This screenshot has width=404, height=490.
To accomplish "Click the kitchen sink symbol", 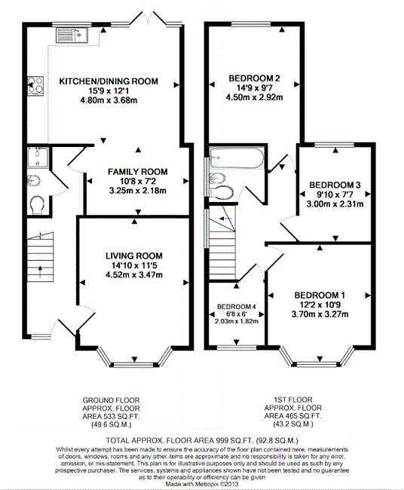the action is pyautogui.click(x=72, y=35).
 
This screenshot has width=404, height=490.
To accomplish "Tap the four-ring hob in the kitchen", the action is pyautogui.click(x=35, y=86).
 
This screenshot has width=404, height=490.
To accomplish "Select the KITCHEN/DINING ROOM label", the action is pyautogui.click(x=109, y=81).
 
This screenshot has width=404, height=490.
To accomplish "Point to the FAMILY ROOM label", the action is pyautogui.click(x=137, y=172).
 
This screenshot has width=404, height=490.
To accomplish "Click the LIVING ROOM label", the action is pyautogui.click(x=134, y=256).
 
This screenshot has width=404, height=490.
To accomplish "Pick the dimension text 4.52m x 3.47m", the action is pyautogui.click(x=134, y=275).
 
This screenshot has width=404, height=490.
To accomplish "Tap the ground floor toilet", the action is pyautogui.click(x=38, y=205).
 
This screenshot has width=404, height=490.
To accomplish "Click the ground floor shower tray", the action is pyautogui.click(x=38, y=158).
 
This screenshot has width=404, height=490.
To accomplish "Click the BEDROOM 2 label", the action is pyautogui.click(x=254, y=78).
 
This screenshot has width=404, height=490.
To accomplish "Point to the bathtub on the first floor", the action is pyautogui.click(x=237, y=158).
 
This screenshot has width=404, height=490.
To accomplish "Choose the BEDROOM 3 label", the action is pyautogui.click(x=335, y=185).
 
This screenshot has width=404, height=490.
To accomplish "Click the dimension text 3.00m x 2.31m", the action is pyautogui.click(x=335, y=204).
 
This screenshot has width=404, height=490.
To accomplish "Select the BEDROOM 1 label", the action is pyautogui.click(x=320, y=295).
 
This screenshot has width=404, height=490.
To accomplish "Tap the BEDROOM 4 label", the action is pyautogui.click(x=237, y=307).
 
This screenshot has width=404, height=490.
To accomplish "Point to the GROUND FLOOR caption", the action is pyautogui.click(x=111, y=400).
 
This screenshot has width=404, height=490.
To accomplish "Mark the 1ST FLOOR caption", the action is pyautogui.click(x=293, y=400).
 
